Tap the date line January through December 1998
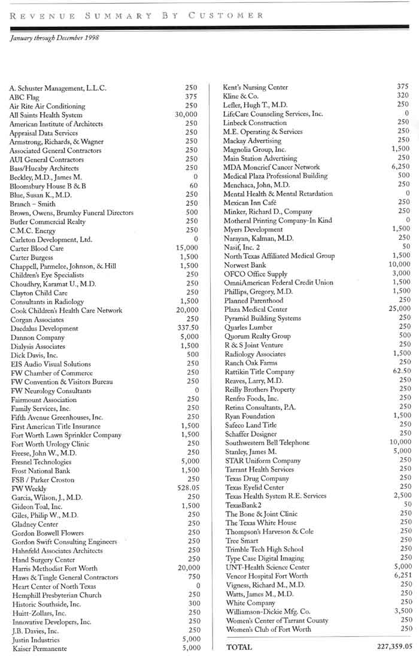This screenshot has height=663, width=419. coord(54,38)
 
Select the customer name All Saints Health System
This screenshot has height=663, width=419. coord(46,115)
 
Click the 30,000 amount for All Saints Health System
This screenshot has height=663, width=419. coord(186,114)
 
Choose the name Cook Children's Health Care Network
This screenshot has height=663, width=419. coord(66,311)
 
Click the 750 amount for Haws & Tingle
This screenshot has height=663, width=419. coord(192,577)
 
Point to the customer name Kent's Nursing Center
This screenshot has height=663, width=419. coord(256,87)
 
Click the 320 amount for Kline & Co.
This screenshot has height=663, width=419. coord(403,95)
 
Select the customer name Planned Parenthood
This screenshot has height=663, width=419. coord(254,300)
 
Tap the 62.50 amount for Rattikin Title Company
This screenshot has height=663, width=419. coord(400,372)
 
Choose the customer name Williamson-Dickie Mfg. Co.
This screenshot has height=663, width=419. coord(269,612)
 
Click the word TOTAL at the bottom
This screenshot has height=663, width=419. coord(239,647)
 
